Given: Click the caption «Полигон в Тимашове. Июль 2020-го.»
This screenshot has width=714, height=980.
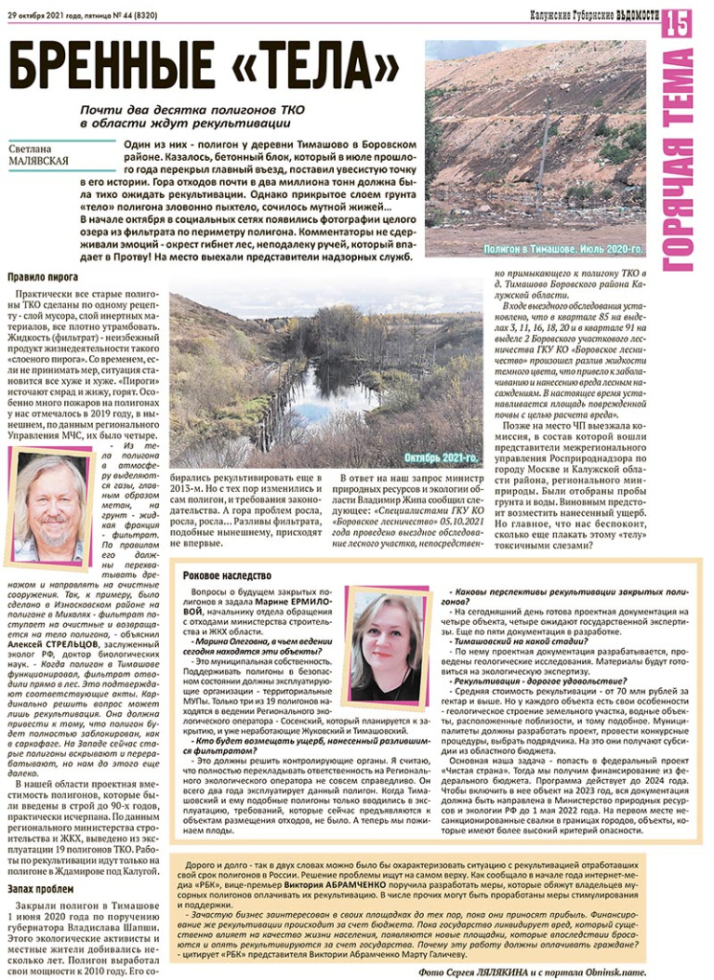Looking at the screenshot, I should click(x=562, y=249).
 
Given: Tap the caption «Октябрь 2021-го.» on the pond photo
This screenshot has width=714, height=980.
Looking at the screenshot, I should click(x=440, y=458).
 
